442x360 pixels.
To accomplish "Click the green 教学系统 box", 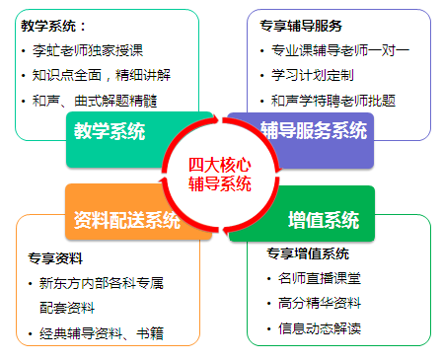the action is point(109,131).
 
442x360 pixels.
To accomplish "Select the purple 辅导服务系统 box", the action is point(314,130).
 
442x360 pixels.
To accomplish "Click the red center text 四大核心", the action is point(220,165).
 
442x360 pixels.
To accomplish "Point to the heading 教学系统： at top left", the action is point(54,26).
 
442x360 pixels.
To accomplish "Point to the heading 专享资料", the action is point(55,258).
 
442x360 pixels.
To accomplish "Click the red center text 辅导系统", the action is point(220,183).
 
